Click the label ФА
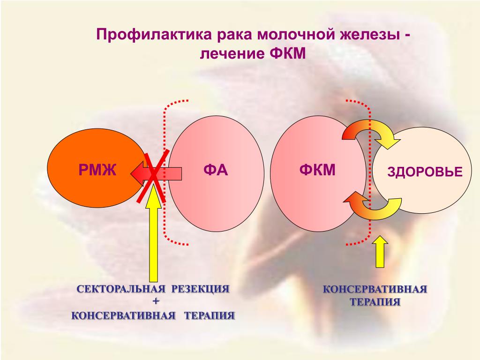click(215, 170)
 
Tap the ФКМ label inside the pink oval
click(317, 170)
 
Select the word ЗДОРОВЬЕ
click(425, 172)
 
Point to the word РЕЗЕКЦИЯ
click(200, 289)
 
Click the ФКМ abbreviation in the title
click(288, 54)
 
